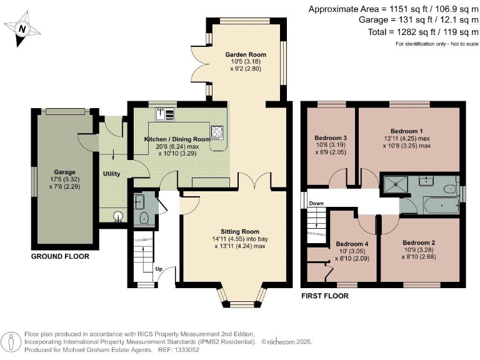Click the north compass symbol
[22, 29]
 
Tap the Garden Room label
[246, 54]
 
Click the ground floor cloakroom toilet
[144, 217]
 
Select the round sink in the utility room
[117, 217]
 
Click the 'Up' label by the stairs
[159, 269]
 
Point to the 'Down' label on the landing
[316, 203]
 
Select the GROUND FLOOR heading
[60, 256]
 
